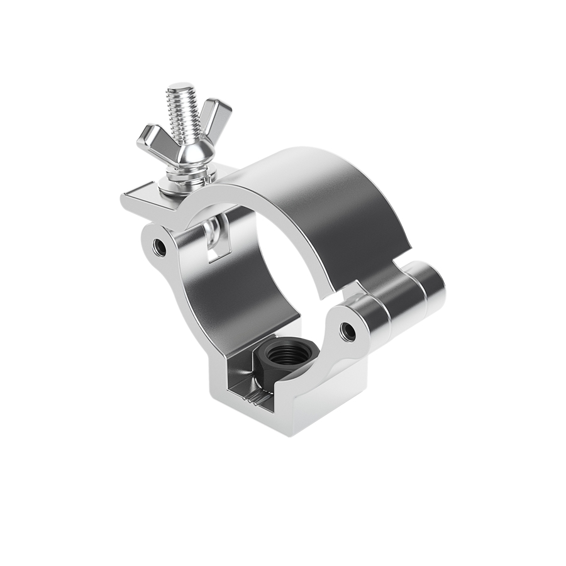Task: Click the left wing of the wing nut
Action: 151,138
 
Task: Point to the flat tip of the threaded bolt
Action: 180,87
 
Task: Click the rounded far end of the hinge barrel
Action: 434,287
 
